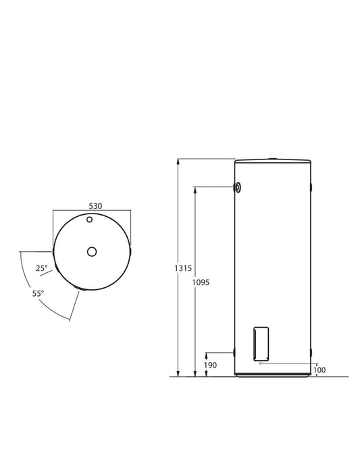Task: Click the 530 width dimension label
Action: click(95, 206)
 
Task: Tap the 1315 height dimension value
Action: click(183, 268)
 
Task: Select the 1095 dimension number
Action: click(201, 282)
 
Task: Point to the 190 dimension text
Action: click(210, 366)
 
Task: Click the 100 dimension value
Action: click(319, 370)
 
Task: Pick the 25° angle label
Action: click(42, 268)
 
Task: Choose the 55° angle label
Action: click(38, 294)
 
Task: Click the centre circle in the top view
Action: click(92, 252)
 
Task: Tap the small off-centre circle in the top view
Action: click(90, 220)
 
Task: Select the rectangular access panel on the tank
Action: click(261, 344)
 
